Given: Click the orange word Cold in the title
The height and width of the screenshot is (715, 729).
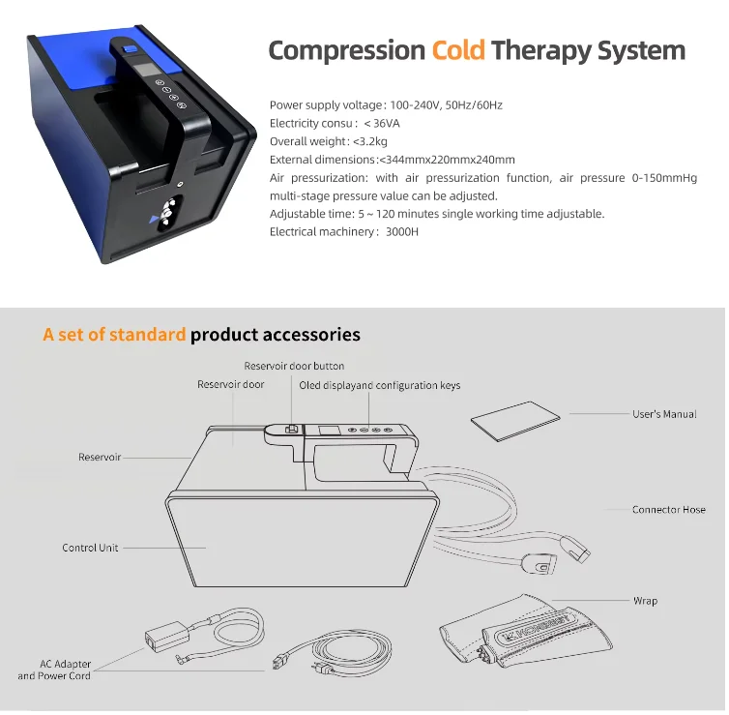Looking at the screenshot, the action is (458, 50).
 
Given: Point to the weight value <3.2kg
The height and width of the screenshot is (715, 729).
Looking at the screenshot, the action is (370, 141).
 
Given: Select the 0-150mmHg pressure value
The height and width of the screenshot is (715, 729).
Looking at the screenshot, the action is (664, 178).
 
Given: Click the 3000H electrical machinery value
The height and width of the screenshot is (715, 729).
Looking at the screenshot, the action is (402, 231).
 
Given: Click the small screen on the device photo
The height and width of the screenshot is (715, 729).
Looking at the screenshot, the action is (147, 71).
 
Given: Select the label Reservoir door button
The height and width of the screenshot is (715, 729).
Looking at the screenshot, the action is (294, 366).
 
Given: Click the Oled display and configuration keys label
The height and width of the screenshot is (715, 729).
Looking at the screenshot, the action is (379, 385).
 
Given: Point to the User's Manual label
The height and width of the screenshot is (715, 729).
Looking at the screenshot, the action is (664, 414).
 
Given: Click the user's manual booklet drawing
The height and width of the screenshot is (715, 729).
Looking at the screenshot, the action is (515, 421).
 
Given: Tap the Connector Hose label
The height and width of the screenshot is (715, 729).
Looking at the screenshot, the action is (668, 509).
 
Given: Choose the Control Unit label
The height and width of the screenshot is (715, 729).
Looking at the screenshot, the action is (90, 548).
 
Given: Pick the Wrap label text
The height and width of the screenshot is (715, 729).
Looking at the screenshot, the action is (645, 601).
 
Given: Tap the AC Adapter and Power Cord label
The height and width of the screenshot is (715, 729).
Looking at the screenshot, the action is (54, 670).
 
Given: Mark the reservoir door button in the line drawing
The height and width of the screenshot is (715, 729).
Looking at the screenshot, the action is (291, 429).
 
